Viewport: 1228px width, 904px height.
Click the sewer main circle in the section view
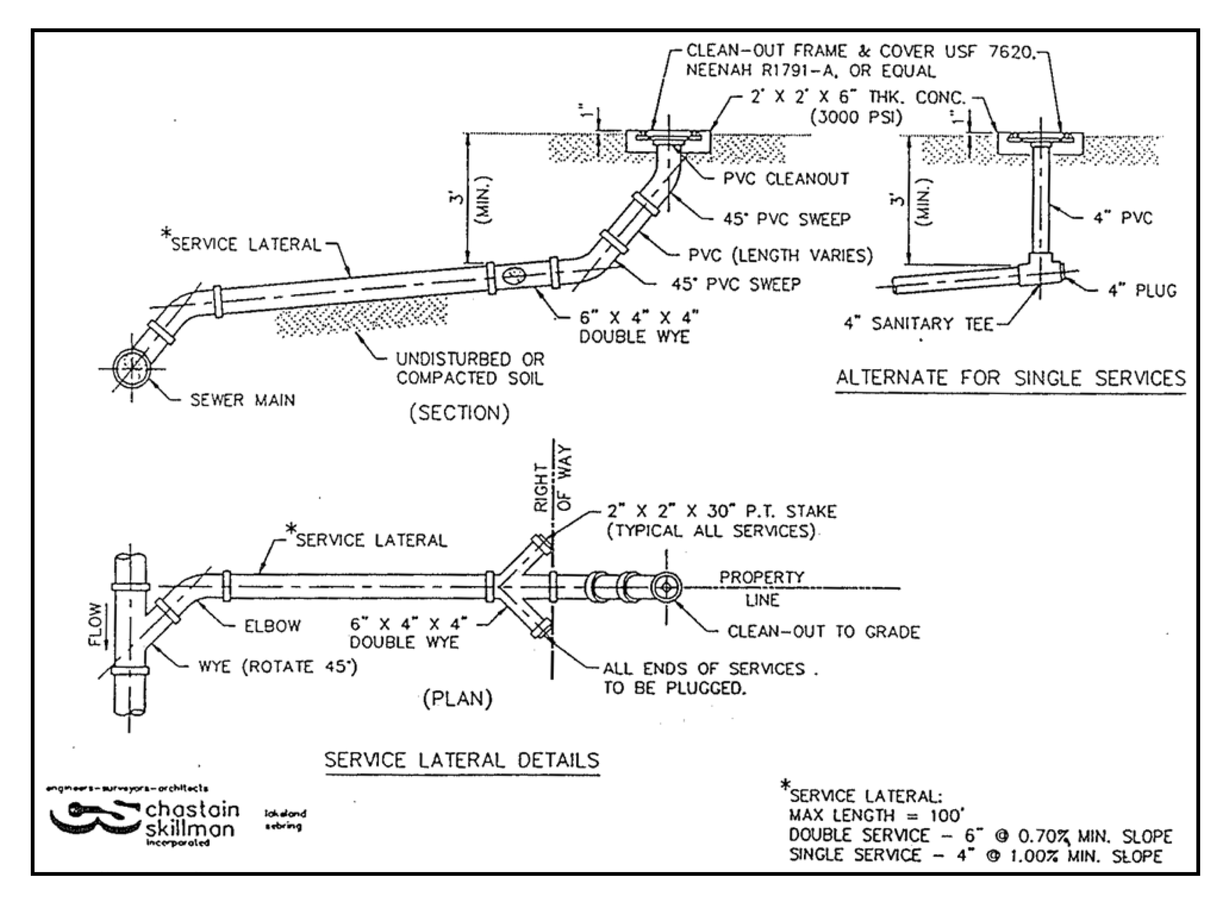click(x=131, y=368)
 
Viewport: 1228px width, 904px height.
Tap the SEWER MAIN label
click(x=242, y=400)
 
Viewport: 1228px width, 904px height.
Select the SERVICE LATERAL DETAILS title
click(x=462, y=760)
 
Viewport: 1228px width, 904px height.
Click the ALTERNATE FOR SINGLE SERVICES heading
click(x=1011, y=378)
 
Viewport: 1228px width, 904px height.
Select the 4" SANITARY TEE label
click(x=919, y=323)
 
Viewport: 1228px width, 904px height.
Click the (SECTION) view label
click(x=459, y=413)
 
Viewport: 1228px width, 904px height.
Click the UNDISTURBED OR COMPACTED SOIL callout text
click(x=470, y=369)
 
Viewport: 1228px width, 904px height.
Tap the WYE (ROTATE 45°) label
click(x=277, y=666)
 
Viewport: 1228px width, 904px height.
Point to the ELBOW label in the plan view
click(x=272, y=625)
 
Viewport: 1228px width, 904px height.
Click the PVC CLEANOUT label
click(x=786, y=179)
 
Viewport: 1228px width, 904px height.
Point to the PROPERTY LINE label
click(x=762, y=588)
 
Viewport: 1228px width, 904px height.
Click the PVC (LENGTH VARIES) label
click(x=780, y=255)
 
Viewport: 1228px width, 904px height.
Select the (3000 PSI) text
click(x=856, y=117)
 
